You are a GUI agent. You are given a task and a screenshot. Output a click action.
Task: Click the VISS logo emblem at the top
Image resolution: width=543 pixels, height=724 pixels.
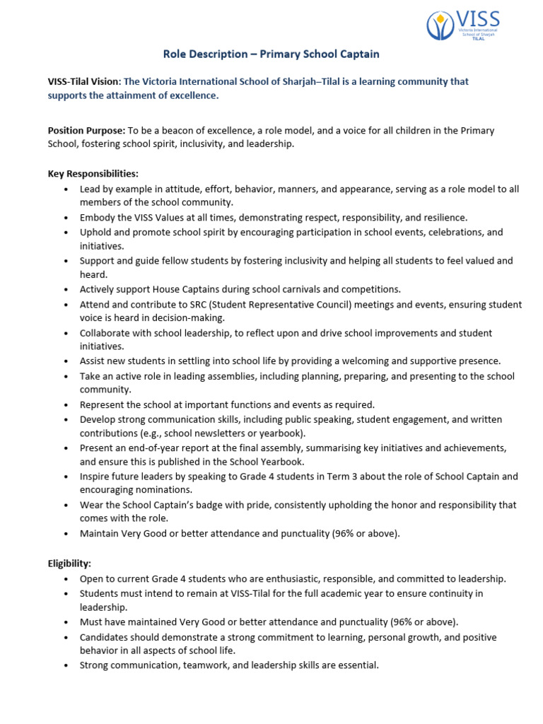pyautogui.click(x=440, y=26)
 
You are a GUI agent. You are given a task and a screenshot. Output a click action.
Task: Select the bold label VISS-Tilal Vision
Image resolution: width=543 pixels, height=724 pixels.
pyautogui.click(x=83, y=81)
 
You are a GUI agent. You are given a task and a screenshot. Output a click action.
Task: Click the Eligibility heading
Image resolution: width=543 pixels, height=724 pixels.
pyautogui.click(x=69, y=563)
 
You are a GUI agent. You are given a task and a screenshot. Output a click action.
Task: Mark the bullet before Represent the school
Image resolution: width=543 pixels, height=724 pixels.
pyautogui.click(x=66, y=405)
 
